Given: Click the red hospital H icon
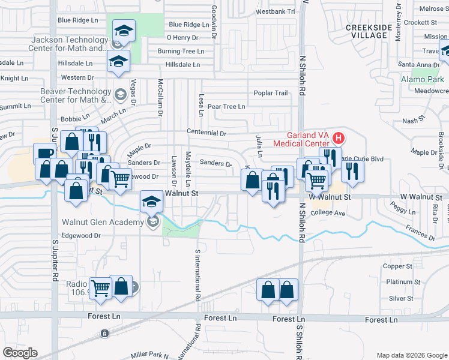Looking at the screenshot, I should click(338, 139).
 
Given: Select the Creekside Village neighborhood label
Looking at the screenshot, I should click(369, 31).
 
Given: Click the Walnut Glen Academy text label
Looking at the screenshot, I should click(102, 222).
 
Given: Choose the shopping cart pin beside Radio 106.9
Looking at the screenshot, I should click(100, 288).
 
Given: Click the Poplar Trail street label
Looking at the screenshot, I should click(271, 93).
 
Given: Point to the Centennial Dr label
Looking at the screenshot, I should click(206, 133).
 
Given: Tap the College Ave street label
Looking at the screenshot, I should click(328, 213).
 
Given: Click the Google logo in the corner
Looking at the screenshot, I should click(20, 353).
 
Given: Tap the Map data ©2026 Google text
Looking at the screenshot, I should click(411, 355).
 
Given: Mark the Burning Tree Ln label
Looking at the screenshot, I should click(181, 52).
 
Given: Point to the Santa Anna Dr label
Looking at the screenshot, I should click(419, 65).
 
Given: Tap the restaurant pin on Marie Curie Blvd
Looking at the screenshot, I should click(352, 171).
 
